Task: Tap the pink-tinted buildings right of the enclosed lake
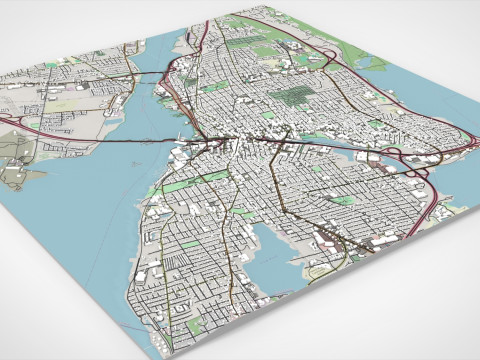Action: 330,240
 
